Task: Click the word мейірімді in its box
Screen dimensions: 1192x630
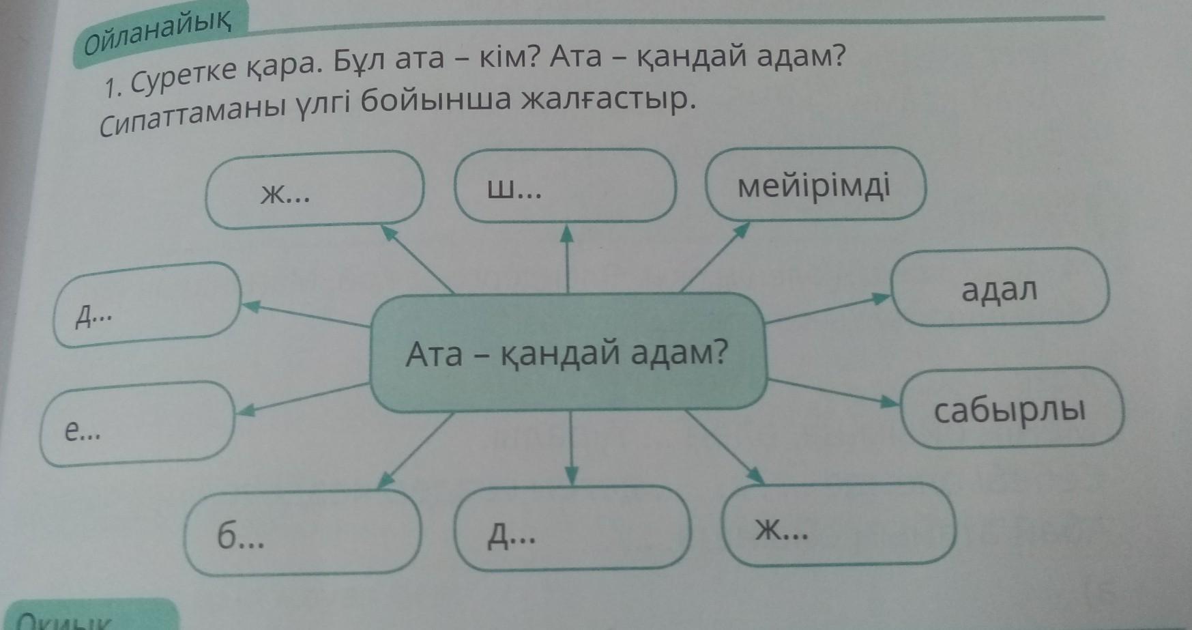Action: click(814, 186)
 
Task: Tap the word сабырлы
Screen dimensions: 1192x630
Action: click(1009, 410)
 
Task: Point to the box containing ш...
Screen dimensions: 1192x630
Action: click(565, 186)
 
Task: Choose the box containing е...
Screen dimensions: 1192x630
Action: click(137, 424)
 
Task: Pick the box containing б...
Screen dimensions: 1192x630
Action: click(302, 532)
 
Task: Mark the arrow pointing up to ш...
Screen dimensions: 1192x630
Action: click(567, 259)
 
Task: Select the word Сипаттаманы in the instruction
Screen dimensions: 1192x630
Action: click(192, 116)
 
